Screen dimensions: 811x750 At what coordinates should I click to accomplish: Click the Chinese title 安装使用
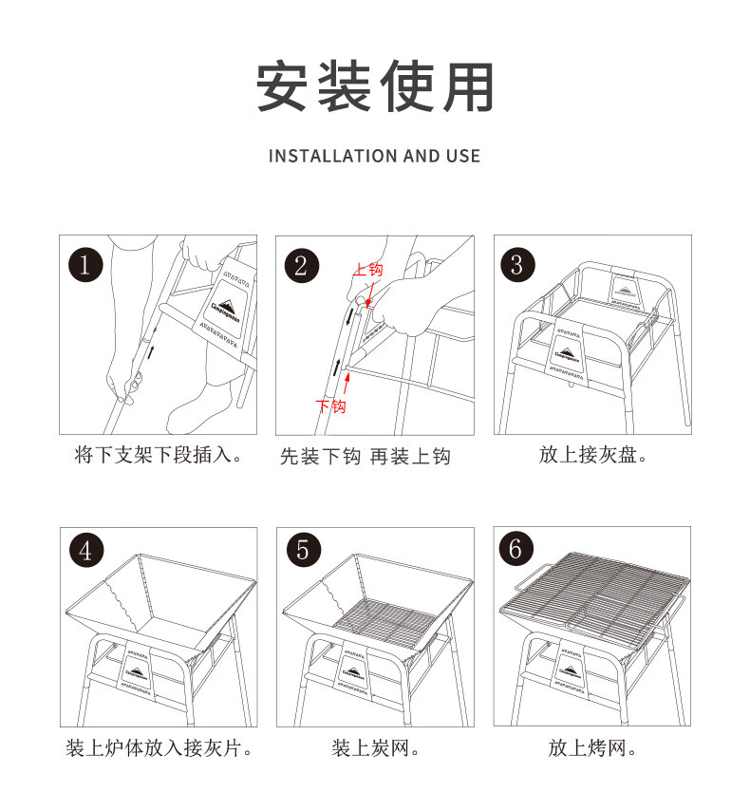tap(375, 87)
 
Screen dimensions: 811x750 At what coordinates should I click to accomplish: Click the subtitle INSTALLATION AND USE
tap(375, 156)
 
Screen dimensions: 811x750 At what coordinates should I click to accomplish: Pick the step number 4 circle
tap(86, 551)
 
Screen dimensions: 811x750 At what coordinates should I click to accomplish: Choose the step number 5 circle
tap(302, 551)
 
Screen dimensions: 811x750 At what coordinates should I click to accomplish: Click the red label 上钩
tap(368, 271)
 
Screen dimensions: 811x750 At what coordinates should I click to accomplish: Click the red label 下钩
tap(330, 406)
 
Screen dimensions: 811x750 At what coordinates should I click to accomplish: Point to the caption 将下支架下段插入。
tap(158, 456)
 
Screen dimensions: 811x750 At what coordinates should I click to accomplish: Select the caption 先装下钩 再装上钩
tap(365, 457)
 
